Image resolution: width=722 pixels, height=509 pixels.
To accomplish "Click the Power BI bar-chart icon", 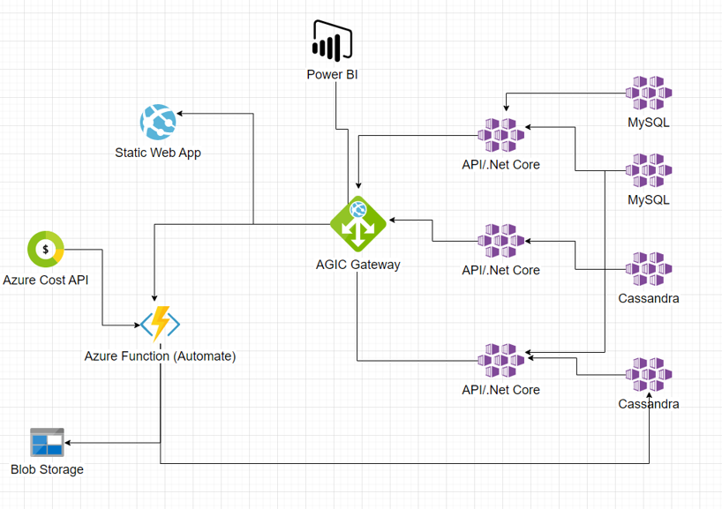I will point(332,41).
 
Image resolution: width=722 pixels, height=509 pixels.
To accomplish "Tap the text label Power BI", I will point(332,75).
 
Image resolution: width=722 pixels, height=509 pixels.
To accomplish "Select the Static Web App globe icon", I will point(158,122).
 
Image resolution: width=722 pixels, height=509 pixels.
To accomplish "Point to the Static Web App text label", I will point(158,153).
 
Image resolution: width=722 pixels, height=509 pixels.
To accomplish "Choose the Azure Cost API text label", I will point(45,280).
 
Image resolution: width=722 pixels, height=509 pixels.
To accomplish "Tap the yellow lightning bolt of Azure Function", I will point(161,324).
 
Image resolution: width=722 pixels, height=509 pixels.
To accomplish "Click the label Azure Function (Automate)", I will point(160,356).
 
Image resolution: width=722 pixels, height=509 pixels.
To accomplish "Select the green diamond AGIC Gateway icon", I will point(357,223).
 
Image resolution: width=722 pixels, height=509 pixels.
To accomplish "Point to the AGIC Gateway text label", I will point(357,264).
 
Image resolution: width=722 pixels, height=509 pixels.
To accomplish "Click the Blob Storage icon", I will point(47,442).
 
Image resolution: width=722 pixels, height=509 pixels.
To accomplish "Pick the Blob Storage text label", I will point(47,469).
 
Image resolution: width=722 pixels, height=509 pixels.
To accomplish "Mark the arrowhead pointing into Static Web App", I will point(180,114).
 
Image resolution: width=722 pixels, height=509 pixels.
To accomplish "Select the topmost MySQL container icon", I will point(649,93).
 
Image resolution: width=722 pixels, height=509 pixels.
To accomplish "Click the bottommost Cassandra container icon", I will point(649,375).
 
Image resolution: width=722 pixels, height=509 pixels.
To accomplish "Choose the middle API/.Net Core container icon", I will point(500,240).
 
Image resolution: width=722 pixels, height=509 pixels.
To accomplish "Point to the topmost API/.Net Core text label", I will point(500,164).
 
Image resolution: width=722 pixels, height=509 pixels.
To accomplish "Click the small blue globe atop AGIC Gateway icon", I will point(357,209).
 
